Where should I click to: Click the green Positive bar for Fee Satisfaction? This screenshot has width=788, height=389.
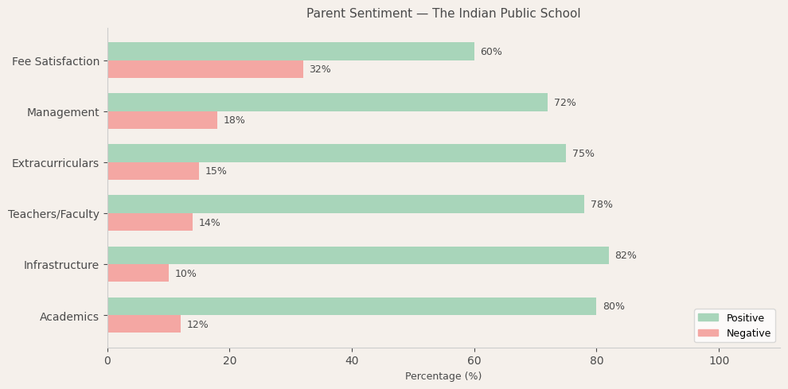click(291, 52)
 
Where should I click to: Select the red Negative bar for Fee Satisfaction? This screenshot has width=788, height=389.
click(205, 69)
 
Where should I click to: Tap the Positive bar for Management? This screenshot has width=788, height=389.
click(327, 103)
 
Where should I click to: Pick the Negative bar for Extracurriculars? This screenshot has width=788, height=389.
click(153, 171)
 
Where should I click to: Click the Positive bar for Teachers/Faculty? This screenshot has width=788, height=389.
click(345, 204)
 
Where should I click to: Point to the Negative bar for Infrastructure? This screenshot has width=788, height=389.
click(138, 273)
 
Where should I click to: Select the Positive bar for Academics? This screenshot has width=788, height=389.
click(352, 306)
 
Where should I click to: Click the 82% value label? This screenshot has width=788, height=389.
click(626, 255)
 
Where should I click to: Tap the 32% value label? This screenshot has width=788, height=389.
click(320, 69)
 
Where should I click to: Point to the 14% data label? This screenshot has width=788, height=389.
click(209, 223)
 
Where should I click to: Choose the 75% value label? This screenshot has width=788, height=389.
click(583, 154)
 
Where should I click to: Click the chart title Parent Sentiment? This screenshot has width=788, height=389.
click(443, 14)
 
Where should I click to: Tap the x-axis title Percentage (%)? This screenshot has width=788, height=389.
click(443, 376)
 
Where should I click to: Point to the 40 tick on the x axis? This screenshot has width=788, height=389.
click(352, 360)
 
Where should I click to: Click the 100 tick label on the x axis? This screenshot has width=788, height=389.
click(719, 360)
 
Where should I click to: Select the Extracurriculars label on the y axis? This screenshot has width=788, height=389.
click(55, 163)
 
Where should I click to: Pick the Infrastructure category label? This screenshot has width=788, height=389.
click(61, 265)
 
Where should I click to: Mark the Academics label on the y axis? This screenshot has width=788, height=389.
click(69, 316)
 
